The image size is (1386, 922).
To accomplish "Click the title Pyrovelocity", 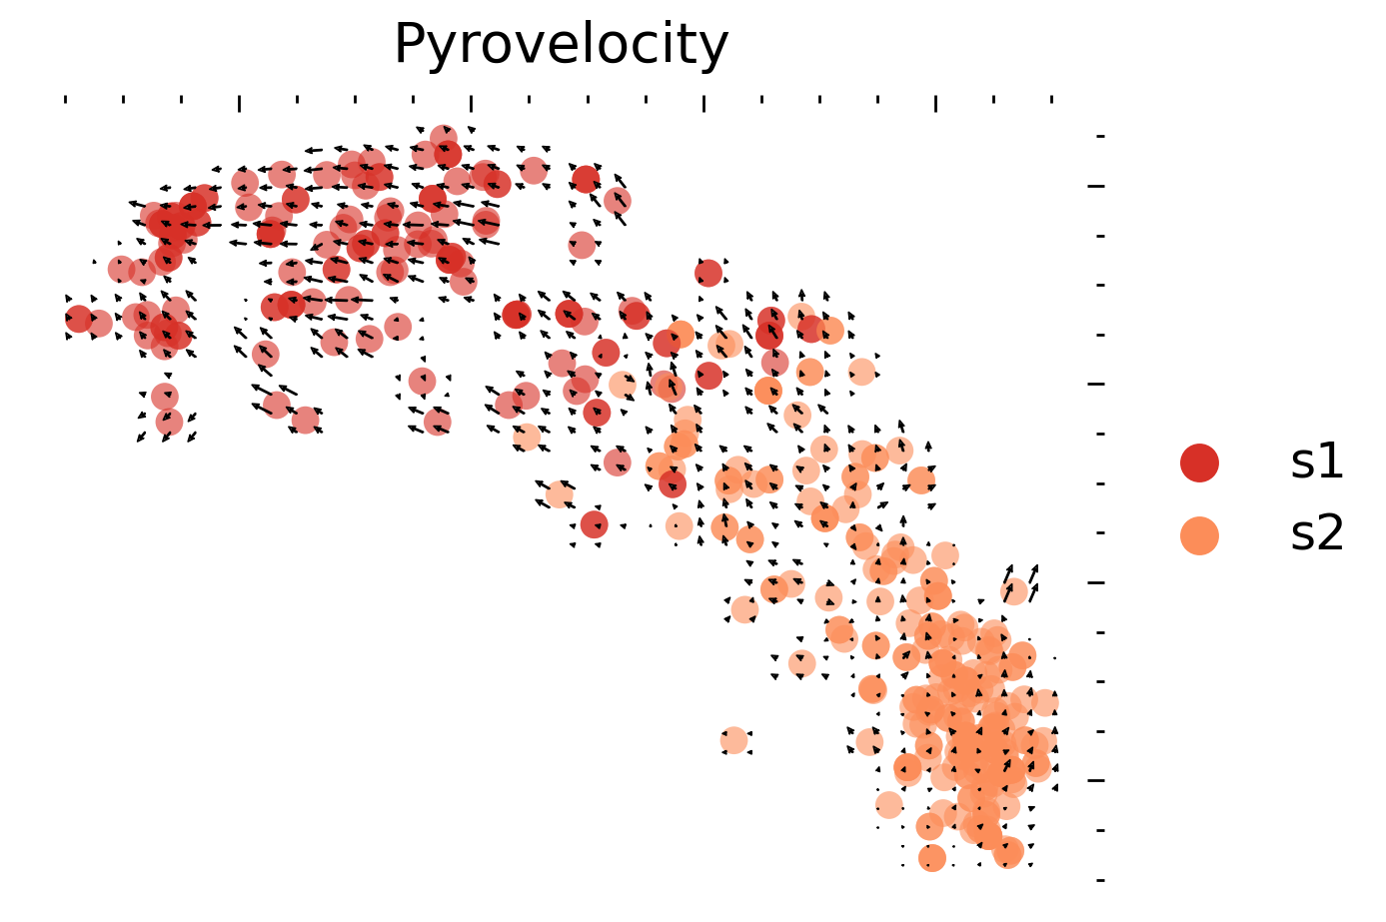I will [561, 45].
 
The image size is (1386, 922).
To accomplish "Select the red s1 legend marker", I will [1199, 462].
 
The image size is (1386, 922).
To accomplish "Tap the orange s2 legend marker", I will [1199, 535].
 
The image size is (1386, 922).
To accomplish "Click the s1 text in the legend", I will [1316, 462].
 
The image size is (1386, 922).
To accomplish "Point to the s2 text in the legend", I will [1316, 535].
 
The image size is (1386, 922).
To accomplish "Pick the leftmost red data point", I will [79, 319].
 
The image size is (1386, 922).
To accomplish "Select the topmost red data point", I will [445, 138].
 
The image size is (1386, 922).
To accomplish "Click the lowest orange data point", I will [932, 858].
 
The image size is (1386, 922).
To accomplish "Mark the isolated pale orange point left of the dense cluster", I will [733, 740].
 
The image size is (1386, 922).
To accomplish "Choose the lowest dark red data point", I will [594, 523].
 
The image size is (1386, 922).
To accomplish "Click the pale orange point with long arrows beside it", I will [1015, 590].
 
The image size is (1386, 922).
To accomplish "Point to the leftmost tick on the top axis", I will [66, 99].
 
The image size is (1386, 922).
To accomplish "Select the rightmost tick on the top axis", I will [1052, 99].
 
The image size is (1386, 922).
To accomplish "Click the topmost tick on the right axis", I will [1100, 136].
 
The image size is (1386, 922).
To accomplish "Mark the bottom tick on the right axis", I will [1100, 880].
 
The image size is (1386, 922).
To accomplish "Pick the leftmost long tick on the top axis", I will [240, 103].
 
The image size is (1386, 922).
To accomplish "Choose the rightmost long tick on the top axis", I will [935, 103].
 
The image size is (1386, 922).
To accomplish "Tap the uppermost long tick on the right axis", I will [1096, 186].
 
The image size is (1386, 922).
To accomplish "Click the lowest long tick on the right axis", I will [1096, 780].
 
